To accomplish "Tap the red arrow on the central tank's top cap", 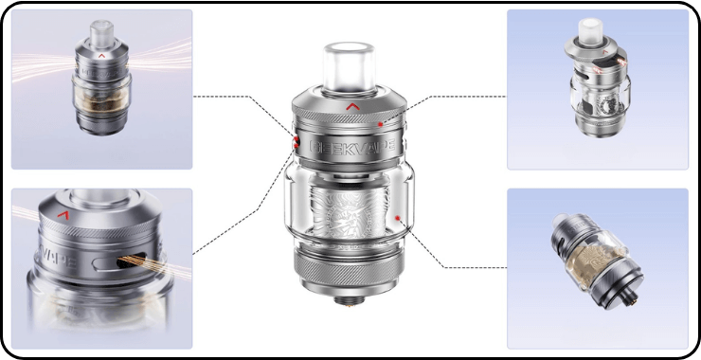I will pyautogui.click(x=352, y=106).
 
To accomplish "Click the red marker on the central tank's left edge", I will pyautogui.click(x=296, y=142).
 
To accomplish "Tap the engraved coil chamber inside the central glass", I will pyautogui.click(x=351, y=212).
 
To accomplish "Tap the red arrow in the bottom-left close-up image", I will pyautogui.click(x=63, y=217).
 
